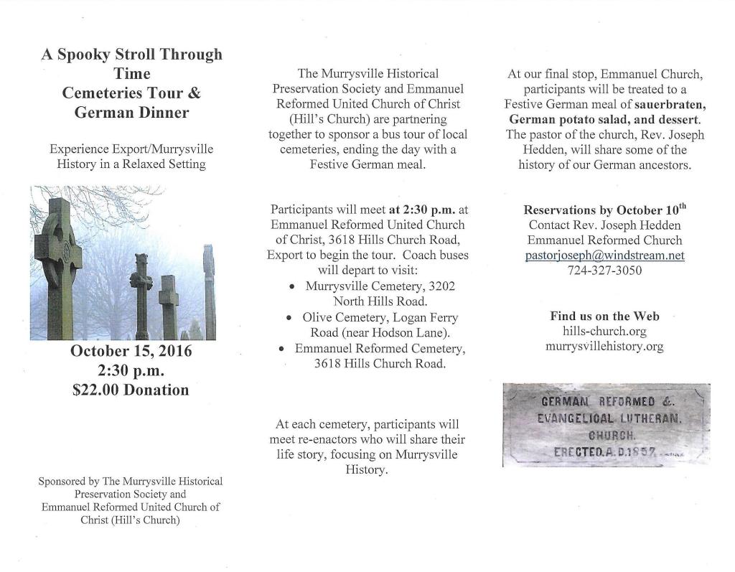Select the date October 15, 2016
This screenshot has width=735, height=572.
pos(131,352)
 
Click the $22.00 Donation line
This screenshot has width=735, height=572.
pos(131,390)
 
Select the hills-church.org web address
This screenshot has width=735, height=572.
pos(604,332)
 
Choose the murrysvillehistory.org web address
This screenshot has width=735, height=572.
pos(604,347)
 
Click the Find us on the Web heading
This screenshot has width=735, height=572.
pos(604,317)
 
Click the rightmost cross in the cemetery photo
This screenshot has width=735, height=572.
pos(209,291)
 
